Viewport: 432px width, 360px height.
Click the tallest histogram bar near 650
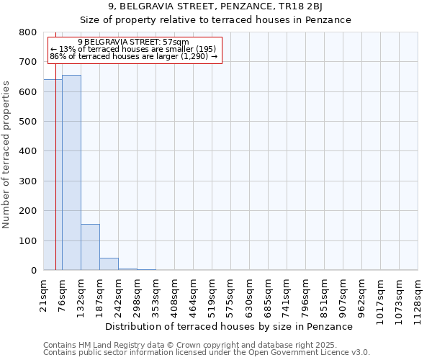pos(71,173)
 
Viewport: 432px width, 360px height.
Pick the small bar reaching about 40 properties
pos(109,264)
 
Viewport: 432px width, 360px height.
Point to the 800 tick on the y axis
pos(28,32)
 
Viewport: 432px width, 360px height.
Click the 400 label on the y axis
pos(28,151)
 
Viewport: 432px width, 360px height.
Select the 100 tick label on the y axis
pos(28,240)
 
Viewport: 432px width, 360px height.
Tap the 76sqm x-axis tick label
pos(63,292)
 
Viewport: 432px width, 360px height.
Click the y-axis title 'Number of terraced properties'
pos(6,154)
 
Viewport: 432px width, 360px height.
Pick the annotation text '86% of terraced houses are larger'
pos(133,56)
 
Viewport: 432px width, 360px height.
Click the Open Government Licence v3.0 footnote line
pos(207,353)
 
